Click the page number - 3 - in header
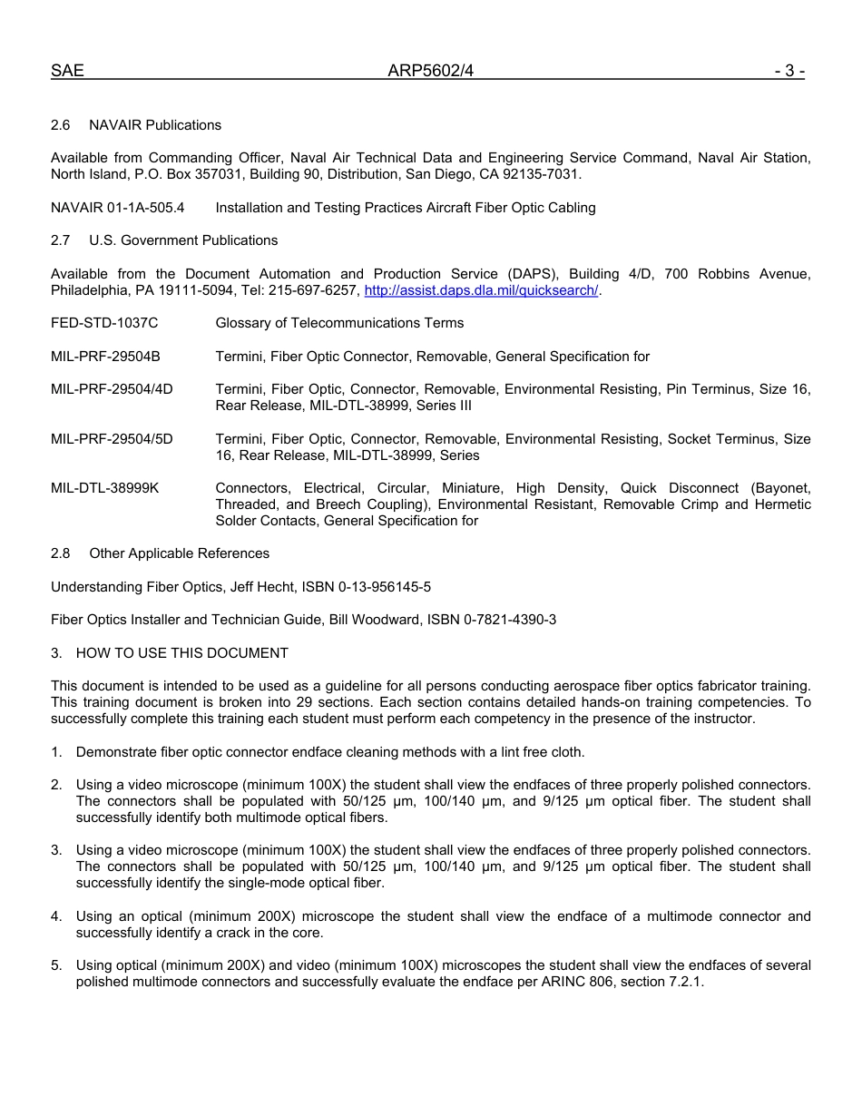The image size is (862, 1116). pyautogui.click(x=789, y=71)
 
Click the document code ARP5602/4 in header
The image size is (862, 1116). pyautogui.click(x=431, y=71)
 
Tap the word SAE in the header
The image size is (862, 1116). pyautogui.click(x=67, y=71)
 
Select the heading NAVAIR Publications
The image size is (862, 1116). pyautogui.click(x=155, y=125)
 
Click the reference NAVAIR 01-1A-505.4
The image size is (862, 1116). pyautogui.click(x=118, y=208)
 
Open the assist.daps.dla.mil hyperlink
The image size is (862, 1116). pyautogui.click(x=481, y=290)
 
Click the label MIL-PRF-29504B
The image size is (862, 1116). pyautogui.click(x=105, y=357)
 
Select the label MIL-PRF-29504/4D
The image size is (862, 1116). pyautogui.click(x=112, y=389)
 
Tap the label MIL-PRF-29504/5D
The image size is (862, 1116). pyautogui.click(x=112, y=439)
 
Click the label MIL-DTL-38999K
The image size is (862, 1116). pyautogui.click(x=105, y=488)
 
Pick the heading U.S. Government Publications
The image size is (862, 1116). pyautogui.click(x=183, y=240)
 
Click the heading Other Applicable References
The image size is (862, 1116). pyautogui.click(x=179, y=553)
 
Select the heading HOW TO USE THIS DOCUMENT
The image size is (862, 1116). pyautogui.click(x=181, y=653)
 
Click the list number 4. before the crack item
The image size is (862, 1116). pyautogui.click(x=56, y=916)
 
